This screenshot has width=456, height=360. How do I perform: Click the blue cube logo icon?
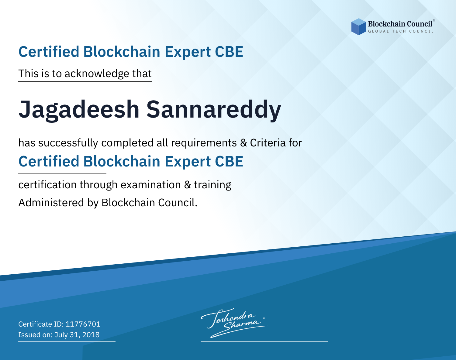click(358, 27)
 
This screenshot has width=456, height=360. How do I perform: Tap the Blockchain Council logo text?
click(400, 24)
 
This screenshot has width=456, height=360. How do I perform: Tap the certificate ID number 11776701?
click(83, 324)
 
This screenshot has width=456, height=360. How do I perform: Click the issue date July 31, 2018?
click(77, 334)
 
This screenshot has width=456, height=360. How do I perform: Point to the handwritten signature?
click(234, 323)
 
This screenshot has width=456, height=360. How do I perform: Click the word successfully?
click(68, 143)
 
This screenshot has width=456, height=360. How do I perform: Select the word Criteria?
click(268, 143)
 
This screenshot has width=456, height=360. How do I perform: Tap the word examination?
click(151, 185)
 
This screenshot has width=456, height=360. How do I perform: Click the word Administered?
click(51, 202)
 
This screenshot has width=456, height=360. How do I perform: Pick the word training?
click(212, 185)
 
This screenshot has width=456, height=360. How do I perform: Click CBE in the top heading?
click(229, 52)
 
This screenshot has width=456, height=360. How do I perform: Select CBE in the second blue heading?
click(229, 161)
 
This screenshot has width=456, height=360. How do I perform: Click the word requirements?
click(204, 143)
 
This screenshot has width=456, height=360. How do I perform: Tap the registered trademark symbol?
click(434, 20)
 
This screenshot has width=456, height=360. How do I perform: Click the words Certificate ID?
click(41, 324)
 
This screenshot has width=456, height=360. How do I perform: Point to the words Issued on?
click(35, 334)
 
